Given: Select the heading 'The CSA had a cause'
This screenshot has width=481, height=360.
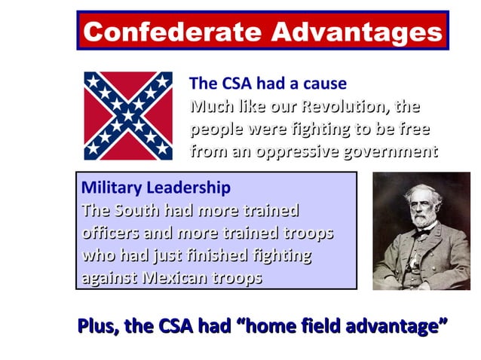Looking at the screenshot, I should tap(268, 83).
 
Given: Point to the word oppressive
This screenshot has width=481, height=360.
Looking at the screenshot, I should tap(298, 151).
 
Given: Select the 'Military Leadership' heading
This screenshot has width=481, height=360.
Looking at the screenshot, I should tap(155, 187).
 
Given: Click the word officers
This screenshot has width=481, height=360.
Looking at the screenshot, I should tap(109, 233).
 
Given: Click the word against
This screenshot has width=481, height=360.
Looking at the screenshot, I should tap(108, 277).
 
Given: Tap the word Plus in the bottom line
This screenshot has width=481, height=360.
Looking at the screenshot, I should tap(97, 326).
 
